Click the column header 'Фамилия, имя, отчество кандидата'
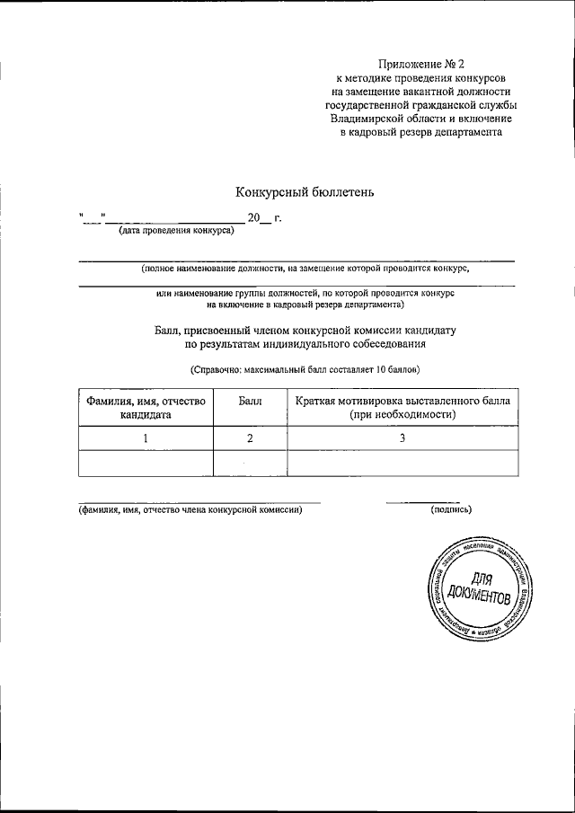coord(146,408)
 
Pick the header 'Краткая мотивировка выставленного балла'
coord(402,401)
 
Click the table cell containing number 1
coord(146,437)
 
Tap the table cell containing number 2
coord(250,437)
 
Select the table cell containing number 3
coord(402,437)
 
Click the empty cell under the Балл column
coord(250,463)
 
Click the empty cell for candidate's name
coord(146,463)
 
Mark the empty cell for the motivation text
coord(402,463)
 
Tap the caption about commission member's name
coord(190,509)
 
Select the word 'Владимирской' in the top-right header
coord(370,118)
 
